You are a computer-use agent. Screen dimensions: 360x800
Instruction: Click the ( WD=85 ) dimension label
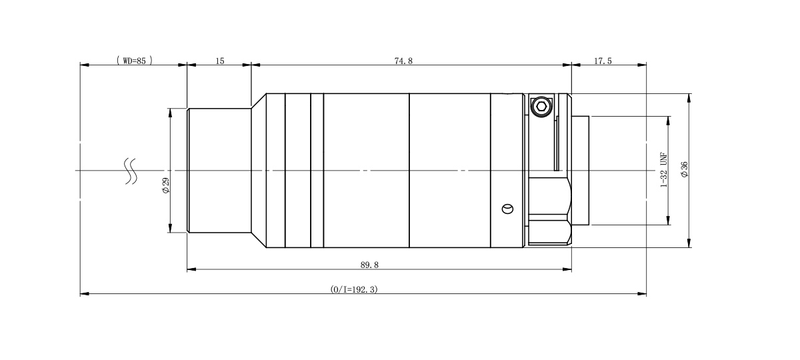pos(134,60)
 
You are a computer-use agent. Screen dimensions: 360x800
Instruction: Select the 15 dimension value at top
pos(220,60)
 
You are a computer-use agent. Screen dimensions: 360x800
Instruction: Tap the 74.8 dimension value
pos(403,60)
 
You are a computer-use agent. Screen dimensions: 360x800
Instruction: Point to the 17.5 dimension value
pos(603,60)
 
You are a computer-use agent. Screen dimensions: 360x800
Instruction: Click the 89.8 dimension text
pos(369,265)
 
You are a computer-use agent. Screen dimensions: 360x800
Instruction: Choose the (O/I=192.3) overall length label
pos(354,289)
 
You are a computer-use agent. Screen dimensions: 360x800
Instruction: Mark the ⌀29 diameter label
pos(165,186)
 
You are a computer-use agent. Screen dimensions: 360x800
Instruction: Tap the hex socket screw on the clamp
pos(541,106)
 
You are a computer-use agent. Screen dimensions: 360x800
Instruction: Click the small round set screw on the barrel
pos(508,209)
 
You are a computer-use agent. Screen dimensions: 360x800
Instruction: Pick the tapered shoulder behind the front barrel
pos(259,171)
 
